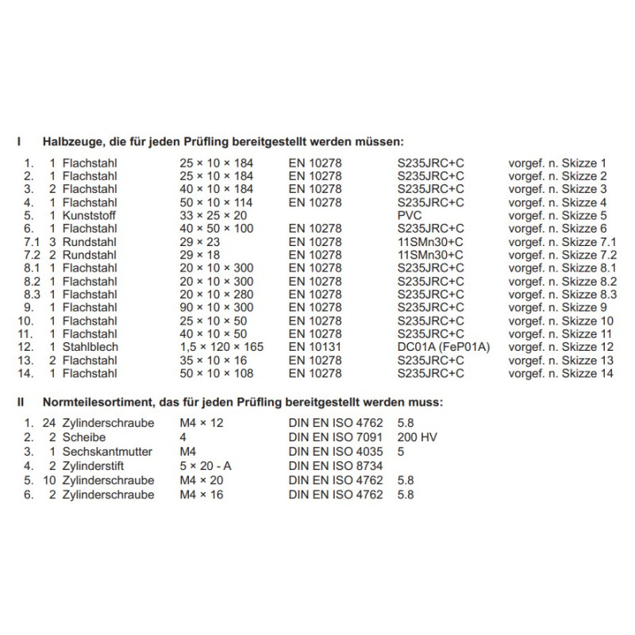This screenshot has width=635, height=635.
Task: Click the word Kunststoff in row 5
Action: tap(89, 215)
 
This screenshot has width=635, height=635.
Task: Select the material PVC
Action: tap(409, 215)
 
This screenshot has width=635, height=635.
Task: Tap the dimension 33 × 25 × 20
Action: tap(214, 215)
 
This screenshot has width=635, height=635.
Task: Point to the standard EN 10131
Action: tap(315, 347)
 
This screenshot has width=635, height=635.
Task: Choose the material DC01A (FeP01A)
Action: tap(441, 347)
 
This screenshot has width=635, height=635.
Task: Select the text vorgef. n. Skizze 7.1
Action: tap(562, 241)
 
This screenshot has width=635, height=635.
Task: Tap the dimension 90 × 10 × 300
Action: tap(217, 307)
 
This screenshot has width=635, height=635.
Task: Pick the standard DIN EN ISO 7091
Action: tap(335, 437)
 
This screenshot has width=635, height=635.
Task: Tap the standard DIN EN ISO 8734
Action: tap(335, 466)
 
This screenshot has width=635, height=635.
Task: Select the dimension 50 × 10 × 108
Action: tap(217, 373)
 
